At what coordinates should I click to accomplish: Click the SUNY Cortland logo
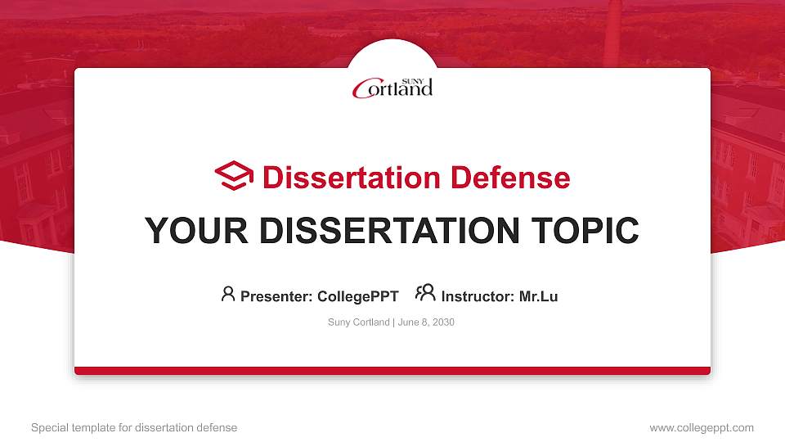[x=392, y=88]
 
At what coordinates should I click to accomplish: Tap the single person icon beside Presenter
[x=228, y=294]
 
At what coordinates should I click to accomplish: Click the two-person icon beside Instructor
[x=425, y=293]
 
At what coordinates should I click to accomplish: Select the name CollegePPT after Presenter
[x=357, y=296]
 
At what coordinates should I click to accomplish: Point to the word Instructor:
[x=478, y=296]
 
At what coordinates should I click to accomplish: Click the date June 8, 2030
[x=426, y=322]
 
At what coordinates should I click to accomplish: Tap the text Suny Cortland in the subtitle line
[x=358, y=322]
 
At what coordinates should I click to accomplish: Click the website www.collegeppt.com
[x=701, y=427]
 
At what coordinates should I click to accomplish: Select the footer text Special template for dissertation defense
[x=134, y=427]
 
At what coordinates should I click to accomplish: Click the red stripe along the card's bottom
[x=392, y=371]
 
